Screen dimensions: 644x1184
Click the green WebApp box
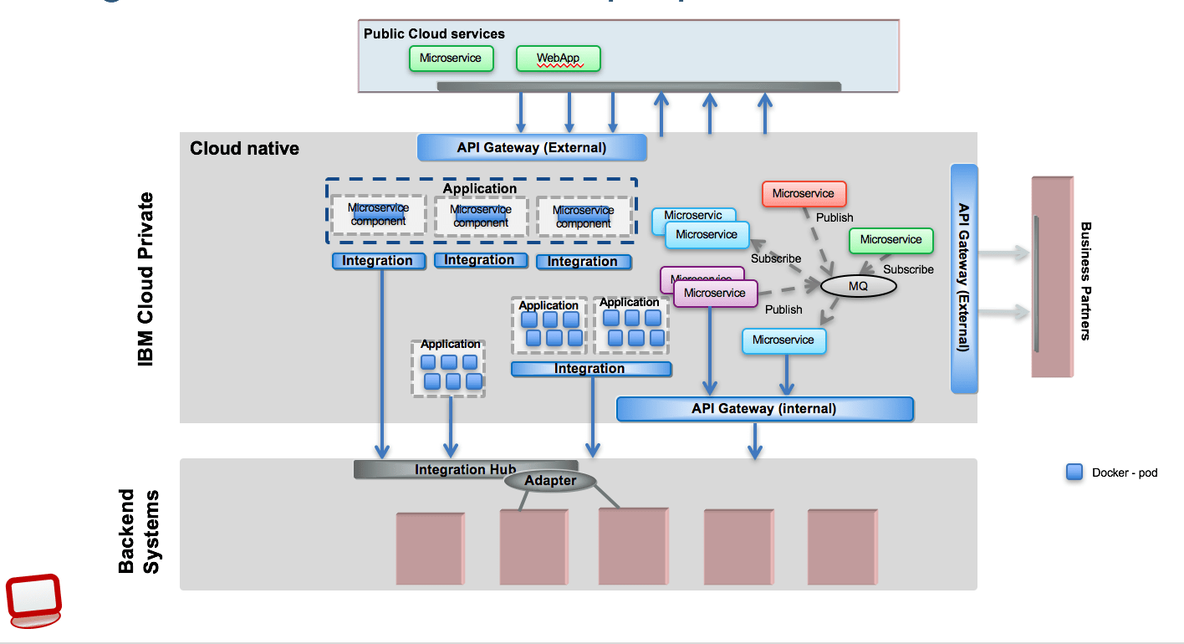pyautogui.click(x=558, y=59)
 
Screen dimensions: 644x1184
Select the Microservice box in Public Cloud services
pyautogui.click(x=451, y=59)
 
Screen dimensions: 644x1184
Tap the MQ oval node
pyautogui.click(x=858, y=286)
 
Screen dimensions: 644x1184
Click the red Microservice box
pyautogui.click(x=804, y=194)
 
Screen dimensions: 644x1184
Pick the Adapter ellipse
pyautogui.click(x=550, y=481)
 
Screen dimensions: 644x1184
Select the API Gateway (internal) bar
pyautogui.click(x=764, y=409)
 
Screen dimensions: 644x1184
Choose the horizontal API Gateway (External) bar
pyautogui.click(x=532, y=148)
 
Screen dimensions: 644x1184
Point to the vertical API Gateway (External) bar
pyautogui.click(x=964, y=279)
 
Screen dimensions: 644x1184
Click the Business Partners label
pyautogui.click(x=1085, y=280)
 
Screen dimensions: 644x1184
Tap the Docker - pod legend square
pyautogui.click(x=1074, y=473)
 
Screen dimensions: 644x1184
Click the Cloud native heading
pyautogui.click(x=244, y=149)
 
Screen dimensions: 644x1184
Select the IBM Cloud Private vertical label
pyautogui.click(x=146, y=279)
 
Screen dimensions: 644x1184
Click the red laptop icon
pyautogui.click(x=33, y=599)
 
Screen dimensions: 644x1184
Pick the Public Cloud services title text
pyautogui.click(x=434, y=34)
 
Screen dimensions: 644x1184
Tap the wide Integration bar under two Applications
pyautogui.click(x=590, y=369)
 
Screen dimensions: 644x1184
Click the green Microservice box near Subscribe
pyautogui.click(x=891, y=240)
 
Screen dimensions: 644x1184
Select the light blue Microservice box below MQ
pyautogui.click(x=783, y=340)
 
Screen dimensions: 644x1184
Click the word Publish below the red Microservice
pyautogui.click(x=834, y=217)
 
